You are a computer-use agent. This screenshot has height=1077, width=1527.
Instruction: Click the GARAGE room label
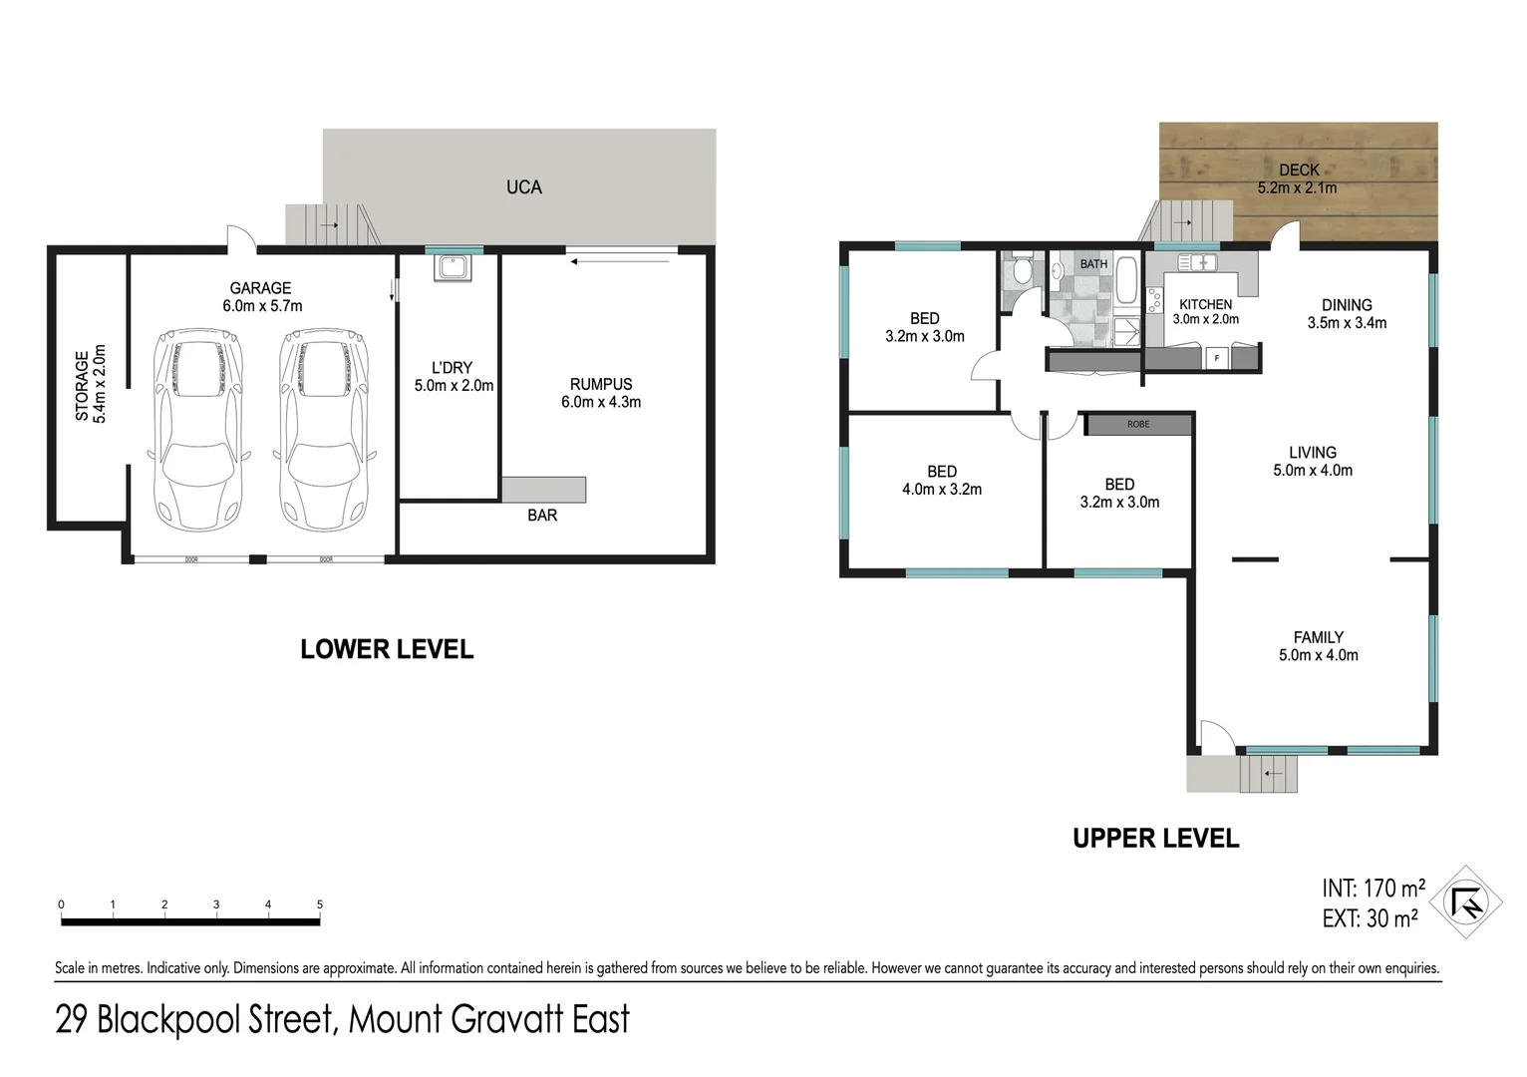click(x=260, y=288)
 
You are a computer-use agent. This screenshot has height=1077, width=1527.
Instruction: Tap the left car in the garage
click(x=198, y=429)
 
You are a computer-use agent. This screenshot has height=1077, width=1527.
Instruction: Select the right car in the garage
click(x=322, y=429)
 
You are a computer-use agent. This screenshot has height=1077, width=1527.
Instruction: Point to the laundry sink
click(x=452, y=269)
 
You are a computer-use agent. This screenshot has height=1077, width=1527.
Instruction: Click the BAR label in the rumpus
click(x=542, y=516)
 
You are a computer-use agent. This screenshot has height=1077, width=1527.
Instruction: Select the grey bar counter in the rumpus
click(x=543, y=490)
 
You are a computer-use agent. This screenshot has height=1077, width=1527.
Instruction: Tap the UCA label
click(x=523, y=187)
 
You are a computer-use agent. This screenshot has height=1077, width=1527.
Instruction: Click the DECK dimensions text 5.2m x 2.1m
click(x=1297, y=187)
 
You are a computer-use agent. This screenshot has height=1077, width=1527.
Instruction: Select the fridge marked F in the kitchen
click(x=1216, y=358)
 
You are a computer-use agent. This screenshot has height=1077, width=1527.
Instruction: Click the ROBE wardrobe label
click(x=1138, y=425)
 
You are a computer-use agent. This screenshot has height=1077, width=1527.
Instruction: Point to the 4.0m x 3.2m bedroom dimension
click(x=942, y=490)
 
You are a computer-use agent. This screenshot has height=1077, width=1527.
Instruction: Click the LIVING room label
click(x=1312, y=453)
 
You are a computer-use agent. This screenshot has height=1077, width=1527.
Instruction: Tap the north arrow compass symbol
click(x=1466, y=902)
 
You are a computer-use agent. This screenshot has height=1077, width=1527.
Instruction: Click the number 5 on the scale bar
click(x=320, y=904)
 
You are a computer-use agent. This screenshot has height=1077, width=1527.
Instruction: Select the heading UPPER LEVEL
click(x=1155, y=839)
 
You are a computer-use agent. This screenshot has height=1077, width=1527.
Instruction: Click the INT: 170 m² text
click(x=1373, y=888)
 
